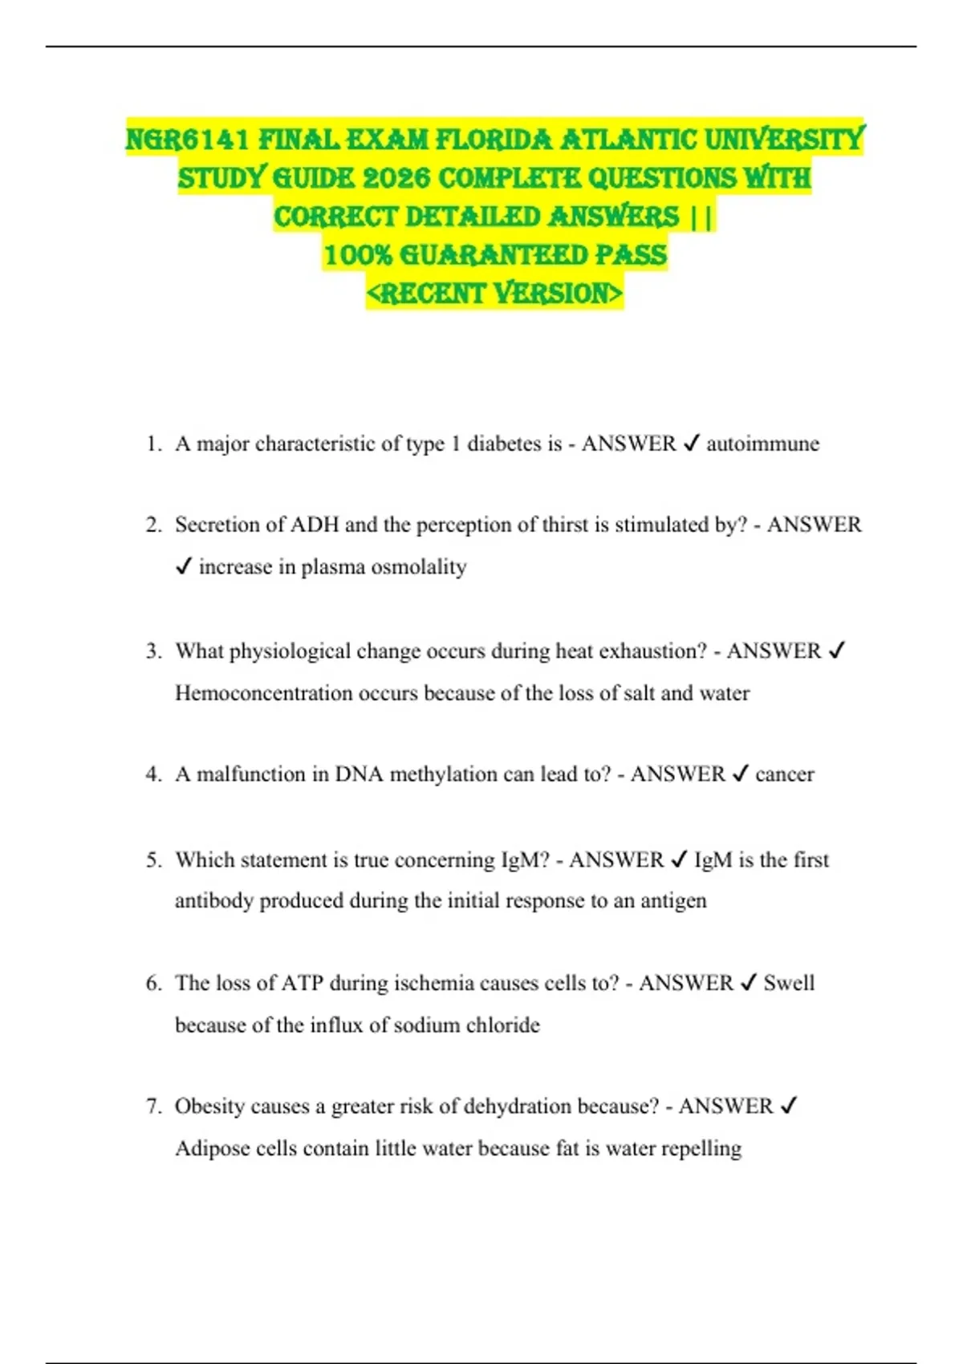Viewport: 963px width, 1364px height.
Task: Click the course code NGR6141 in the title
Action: click(189, 140)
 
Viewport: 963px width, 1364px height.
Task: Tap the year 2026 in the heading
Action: click(397, 178)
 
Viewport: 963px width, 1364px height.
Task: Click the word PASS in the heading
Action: click(631, 255)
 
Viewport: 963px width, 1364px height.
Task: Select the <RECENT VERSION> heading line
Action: click(494, 294)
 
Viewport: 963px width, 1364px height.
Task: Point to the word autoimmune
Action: click(762, 444)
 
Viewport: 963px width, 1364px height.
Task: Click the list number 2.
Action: click(152, 525)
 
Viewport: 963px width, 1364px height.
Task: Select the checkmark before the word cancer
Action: click(740, 774)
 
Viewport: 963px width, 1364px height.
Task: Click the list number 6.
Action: click(152, 984)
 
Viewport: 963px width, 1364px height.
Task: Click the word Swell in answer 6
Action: click(788, 984)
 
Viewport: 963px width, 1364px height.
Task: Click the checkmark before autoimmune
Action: click(691, 444)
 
